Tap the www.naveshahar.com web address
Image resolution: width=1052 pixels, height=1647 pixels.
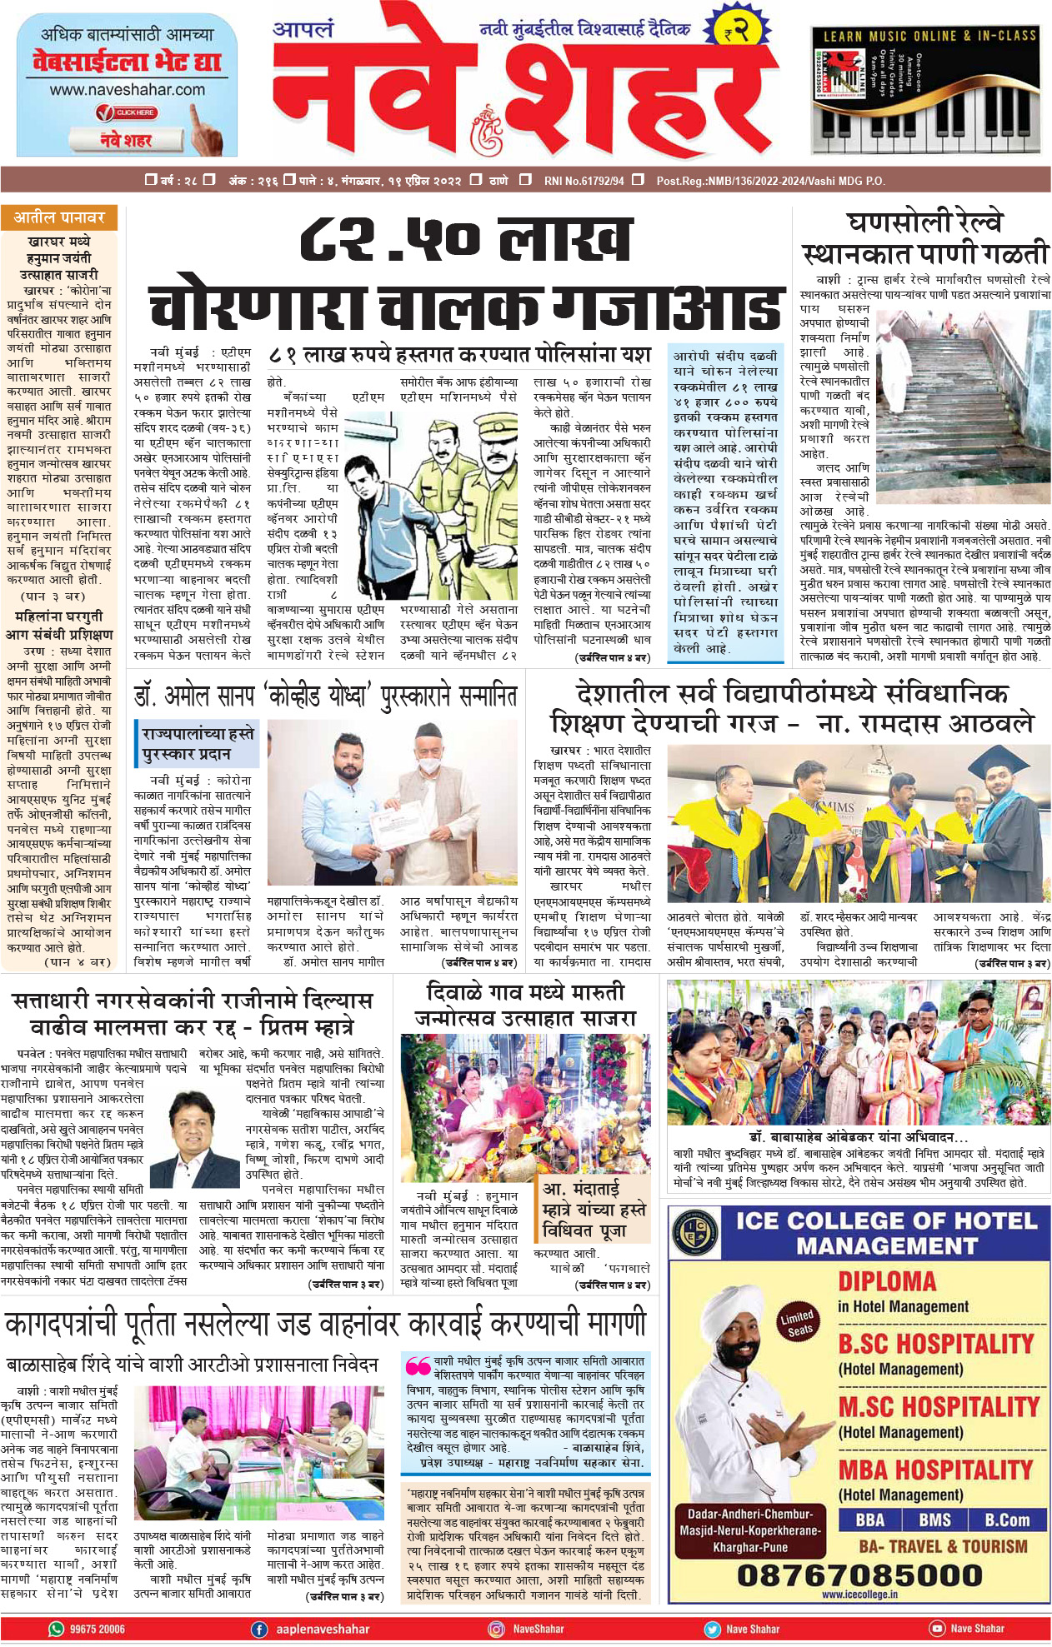[127, 89]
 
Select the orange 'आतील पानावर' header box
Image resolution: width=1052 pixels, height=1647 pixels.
[59, 217]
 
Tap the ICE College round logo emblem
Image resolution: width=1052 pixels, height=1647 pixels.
[695, 1234]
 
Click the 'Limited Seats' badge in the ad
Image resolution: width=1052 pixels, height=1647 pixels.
[798, 1323]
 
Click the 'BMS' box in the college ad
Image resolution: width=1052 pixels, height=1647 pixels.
[934, 1520]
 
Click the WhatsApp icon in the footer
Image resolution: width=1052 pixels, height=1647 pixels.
[57, 1629]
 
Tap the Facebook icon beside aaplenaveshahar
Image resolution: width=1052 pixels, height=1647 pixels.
[259, 1629]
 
